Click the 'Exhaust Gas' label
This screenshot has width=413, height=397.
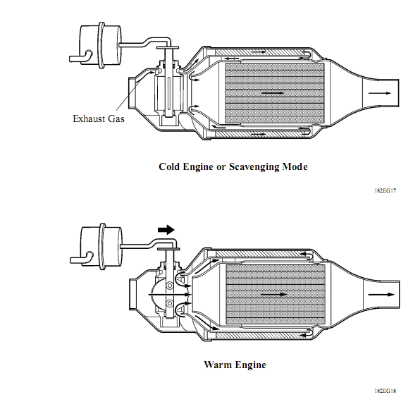99,118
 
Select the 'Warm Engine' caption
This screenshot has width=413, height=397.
235,365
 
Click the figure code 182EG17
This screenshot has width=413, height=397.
386,190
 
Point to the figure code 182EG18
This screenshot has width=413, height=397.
386,391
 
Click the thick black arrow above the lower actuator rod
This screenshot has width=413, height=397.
166,230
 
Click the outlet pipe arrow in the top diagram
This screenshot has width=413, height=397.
380,93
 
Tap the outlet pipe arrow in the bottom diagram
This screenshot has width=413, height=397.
381,295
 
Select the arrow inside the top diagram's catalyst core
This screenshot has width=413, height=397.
273,93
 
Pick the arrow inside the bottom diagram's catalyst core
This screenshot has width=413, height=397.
273,295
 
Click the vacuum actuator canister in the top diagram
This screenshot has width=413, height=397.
101,45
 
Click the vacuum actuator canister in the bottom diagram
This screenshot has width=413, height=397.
101,246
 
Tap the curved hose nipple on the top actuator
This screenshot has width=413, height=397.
81,56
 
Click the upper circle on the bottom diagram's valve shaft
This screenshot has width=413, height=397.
170,286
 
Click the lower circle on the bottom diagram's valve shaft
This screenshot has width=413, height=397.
170,303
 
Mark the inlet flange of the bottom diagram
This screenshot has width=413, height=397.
132,294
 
